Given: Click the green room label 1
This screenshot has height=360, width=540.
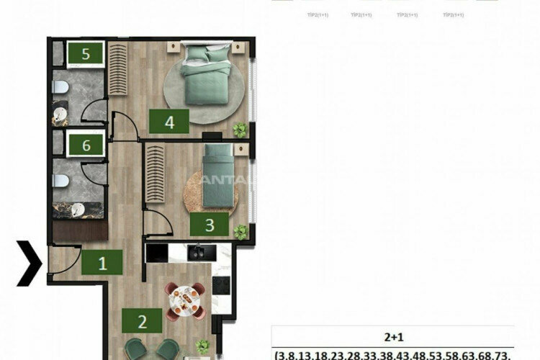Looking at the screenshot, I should click(102, 263).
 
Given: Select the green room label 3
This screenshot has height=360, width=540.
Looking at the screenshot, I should click(210, 225).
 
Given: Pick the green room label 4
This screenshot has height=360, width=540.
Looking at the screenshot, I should click(169, 122).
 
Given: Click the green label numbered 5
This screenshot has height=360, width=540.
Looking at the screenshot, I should click(86, 53).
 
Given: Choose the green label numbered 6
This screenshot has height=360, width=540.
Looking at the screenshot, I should click(86, 145).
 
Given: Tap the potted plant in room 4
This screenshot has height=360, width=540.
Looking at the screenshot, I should click(239, 130).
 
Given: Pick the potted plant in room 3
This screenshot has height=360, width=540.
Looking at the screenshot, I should click(240, 232).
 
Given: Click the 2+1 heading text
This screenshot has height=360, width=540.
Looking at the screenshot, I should click(393, 336).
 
